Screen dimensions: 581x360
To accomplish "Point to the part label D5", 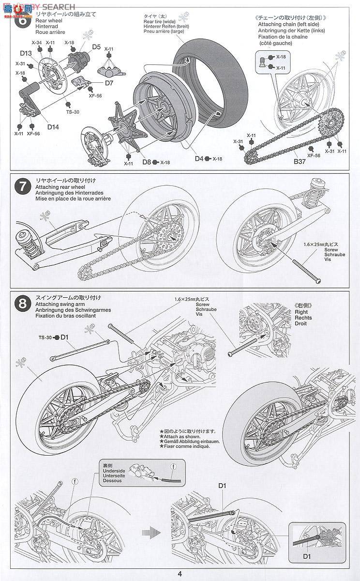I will pyautogui.click(x=96, y=47).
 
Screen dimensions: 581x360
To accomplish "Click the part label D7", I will pyautogui.click(x=108, y=83).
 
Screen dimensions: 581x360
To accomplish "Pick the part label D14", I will pyautogui.click(x=53, y=127).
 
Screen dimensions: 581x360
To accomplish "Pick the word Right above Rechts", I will pyautogui.click(x=301, y=312).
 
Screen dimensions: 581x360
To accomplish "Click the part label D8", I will pyautogui.click(x=147, y=162).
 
